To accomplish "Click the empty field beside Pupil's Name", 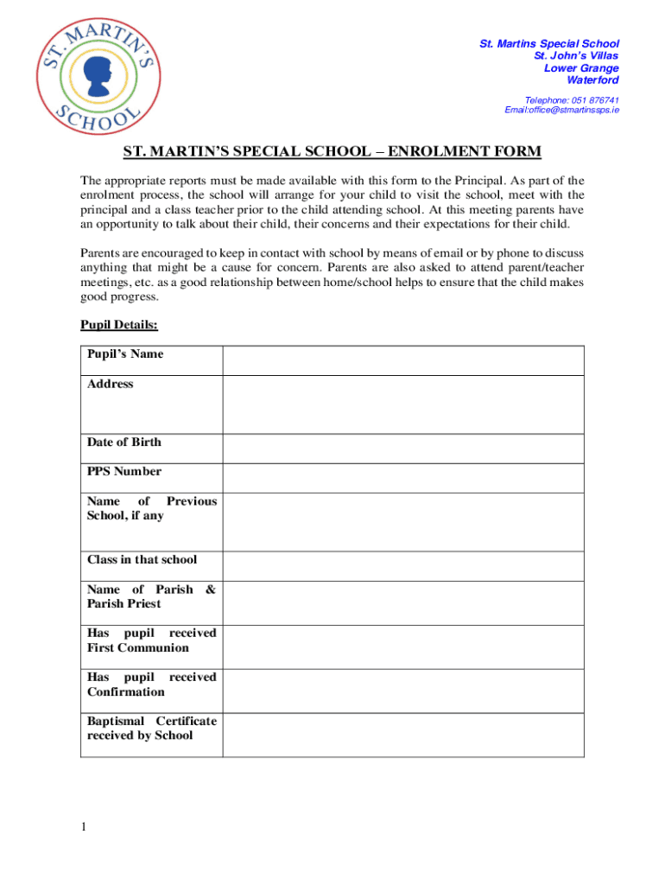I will click(403, 360).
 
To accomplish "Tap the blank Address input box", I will click(403, 404).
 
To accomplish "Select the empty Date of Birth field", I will click(403, 448).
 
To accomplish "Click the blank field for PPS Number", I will click(403, 477).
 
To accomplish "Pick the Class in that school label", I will click(142, 559).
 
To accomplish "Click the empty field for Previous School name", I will click(403, 521).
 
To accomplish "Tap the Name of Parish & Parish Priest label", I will click(151, 596).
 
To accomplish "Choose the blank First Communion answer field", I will click(403, 646).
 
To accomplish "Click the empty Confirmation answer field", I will click(403, 691).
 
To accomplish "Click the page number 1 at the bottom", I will click(84, 827).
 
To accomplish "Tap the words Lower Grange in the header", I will click(581, 68).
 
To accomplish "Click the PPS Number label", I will click(123, 471).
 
